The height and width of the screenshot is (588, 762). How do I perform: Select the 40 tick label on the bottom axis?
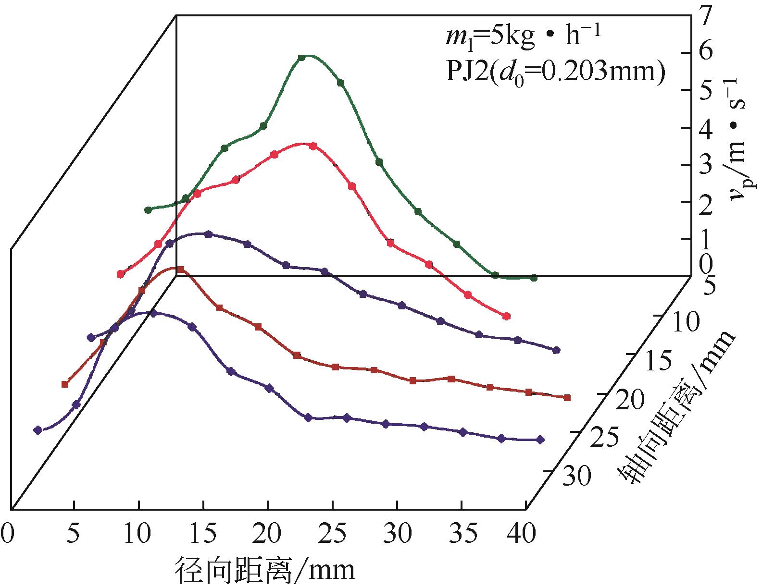click(x=521, y=535)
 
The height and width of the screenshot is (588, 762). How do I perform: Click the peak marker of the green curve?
click(x=302, y=58)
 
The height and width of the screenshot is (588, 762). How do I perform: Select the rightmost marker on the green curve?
click(x=533, y=278)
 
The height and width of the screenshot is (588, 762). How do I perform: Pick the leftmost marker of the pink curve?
click(x=121, y=274)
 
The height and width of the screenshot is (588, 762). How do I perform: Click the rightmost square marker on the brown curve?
click(x=567, y=397)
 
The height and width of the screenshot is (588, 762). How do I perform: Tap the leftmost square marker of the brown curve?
click(x=65, y=384)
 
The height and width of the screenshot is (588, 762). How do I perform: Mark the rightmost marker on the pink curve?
click(x=506, y=316)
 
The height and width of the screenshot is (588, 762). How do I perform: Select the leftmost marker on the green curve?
click(x=148, y=210)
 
